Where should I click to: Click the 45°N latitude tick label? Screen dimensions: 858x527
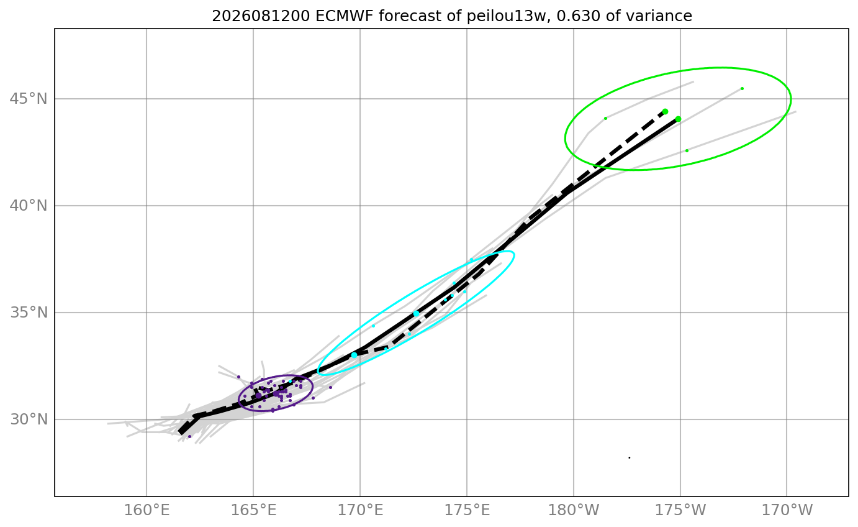coord(29,99)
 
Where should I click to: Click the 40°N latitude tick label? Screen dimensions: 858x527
coord(29,206)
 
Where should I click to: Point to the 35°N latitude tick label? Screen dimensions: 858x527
coord(29,313)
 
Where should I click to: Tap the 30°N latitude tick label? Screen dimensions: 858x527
coord(29,419)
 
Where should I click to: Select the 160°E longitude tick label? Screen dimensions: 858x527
coord(147,510)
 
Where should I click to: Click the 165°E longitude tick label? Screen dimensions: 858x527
coord(253,510)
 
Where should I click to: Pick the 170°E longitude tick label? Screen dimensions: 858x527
coord(360,510)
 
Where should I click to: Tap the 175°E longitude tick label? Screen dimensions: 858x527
coord(467,510)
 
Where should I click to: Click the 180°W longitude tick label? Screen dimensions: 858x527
coord(574,510)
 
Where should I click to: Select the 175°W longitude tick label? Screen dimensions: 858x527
coord(680,510)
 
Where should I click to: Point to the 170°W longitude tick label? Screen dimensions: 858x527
coord(787,510)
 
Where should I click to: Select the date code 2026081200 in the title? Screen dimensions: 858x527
coord(261,16)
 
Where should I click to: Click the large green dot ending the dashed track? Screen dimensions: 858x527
coord(666,112)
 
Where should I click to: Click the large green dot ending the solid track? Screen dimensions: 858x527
coord(679,119)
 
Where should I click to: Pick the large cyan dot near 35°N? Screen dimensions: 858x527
coord(417,314)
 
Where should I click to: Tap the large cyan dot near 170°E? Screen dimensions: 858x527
coord(354,355)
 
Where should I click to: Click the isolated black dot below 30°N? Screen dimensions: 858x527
coord(630,457)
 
